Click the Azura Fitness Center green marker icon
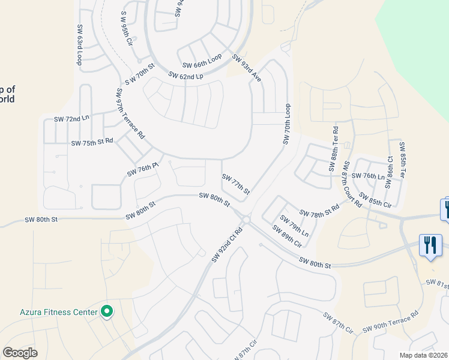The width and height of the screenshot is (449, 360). click(x=107, y=311)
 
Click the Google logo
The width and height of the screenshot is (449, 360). click(x=20, y=353)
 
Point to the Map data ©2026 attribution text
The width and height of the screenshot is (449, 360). click(x=423, y=355)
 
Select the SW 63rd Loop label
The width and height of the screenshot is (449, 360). click(x=79, y=45)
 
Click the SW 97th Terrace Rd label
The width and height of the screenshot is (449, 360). click(x=130, y=114)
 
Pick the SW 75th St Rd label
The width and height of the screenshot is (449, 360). click(x=92, y=143)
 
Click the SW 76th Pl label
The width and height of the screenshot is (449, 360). click(x=142, y=169)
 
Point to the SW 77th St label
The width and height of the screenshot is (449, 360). click(x=235, y=184)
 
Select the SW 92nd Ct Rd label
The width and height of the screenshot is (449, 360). click(x=227, y=244)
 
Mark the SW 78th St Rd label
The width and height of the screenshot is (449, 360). click(x=319, y=210)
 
